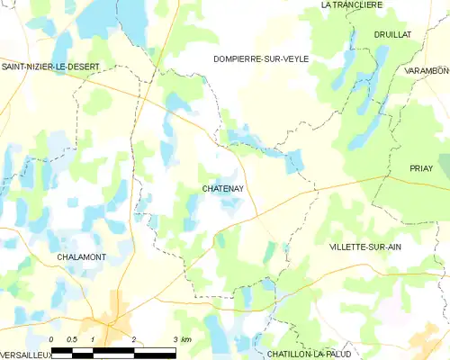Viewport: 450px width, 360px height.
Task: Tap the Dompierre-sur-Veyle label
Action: [261, 58]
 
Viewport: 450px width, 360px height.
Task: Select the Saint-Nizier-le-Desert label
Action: [56, 66]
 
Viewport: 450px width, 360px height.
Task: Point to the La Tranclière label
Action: [352, 5]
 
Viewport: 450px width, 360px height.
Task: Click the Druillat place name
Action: [393, 34]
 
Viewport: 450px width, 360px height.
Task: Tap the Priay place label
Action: [421, 168]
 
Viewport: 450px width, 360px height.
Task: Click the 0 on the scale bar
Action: [52, 339]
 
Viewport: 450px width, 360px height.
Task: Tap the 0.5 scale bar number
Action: [72, 339]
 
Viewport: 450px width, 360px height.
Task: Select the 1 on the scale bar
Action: [93, 339]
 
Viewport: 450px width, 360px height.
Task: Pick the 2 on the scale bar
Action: [133, 339]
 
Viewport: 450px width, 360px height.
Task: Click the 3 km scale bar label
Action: [181, 339]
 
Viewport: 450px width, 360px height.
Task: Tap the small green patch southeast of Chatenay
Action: [220, 240]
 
